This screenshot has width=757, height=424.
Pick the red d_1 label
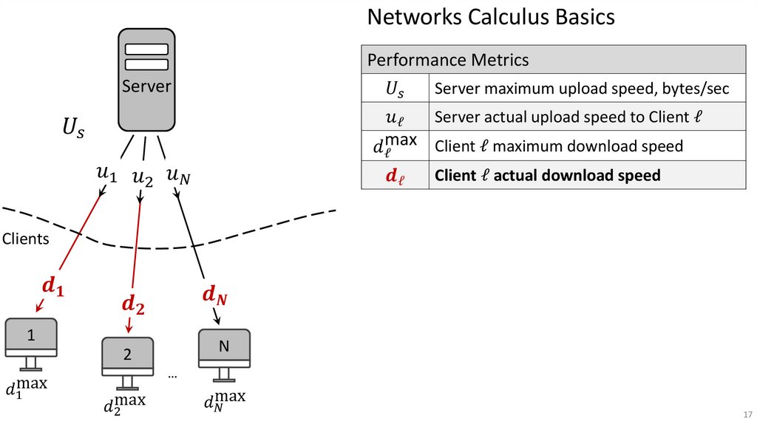(x=52, y=287)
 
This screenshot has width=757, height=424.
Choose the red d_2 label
(x=132, y=303)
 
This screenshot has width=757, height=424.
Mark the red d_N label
(x=214, y=295)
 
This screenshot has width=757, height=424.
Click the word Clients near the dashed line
(x=26, y=239)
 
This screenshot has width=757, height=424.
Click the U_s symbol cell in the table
(x=396, y=89)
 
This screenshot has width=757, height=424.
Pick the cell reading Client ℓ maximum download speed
(x=558, y=146)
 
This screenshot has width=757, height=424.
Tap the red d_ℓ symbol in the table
(x=396, y=177)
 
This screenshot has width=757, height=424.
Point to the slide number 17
(x=747, y=413)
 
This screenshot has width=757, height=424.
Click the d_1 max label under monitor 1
(x=27, y=389)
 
